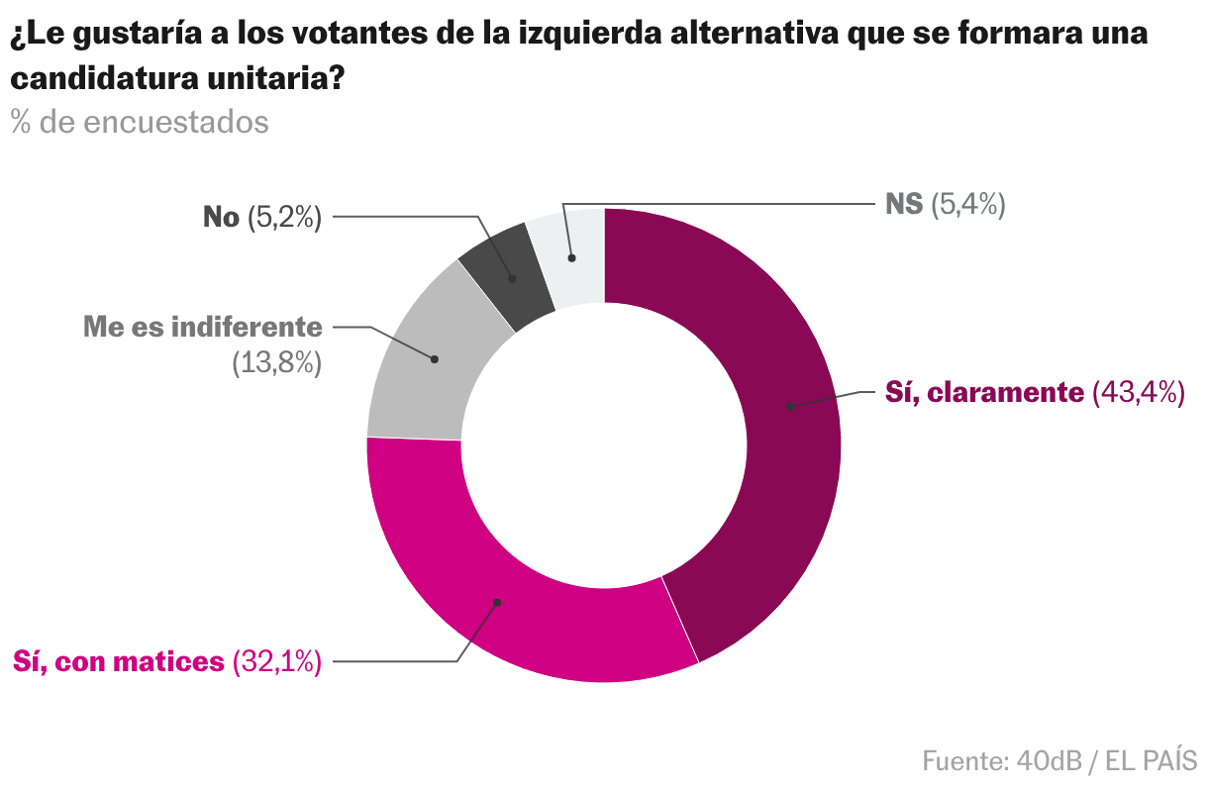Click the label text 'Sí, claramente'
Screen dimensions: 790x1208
click(984, 393)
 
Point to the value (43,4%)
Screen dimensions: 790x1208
click(1138, 393)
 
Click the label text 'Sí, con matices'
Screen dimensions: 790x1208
click(118, 661)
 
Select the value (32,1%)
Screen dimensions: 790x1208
click(277, 661)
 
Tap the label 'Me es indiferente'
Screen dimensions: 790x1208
click(203, 327)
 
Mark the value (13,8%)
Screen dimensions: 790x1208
click(277, 363)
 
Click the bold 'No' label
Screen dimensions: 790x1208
click(221, 217)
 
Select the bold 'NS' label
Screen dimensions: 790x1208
click(903, 205)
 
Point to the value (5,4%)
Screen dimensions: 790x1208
click(968, 205)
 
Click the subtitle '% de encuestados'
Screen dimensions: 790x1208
click(140, 122)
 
